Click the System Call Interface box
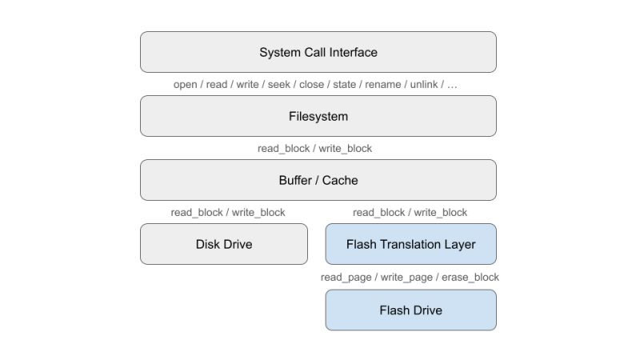(x=318, y=52)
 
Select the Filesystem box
(x=318, y=116)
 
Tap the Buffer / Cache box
(x=318, y=180)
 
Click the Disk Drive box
(x=224, y=244)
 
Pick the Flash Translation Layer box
(x=410, y=244)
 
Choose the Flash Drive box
(x=410, y=310)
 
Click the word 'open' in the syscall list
(x=186, y=85)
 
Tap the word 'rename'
(x=383, y=85)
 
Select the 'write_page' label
(x=405, y=277)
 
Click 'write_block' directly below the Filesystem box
(x=345, y=149)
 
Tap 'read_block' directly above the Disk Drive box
(x=197, y=213)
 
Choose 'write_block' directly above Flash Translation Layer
(x=441, y=213)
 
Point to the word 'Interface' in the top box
(x=350, y=52)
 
